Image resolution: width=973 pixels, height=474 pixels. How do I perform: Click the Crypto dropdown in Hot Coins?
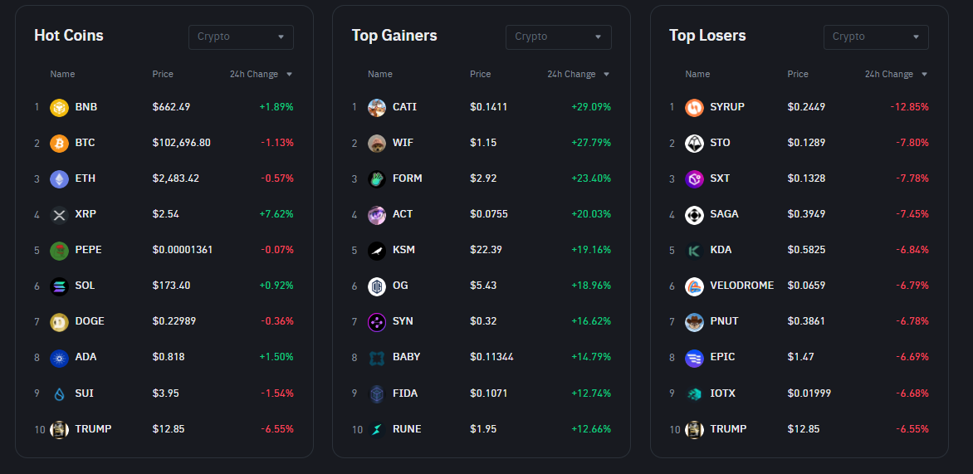[x=241, y=37]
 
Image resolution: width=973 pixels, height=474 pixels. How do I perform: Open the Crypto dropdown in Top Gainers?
[x=558, y=37]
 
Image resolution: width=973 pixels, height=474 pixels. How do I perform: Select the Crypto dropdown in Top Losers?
[x=876, y=37]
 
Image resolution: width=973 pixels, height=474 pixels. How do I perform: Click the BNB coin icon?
[x=59, y=107]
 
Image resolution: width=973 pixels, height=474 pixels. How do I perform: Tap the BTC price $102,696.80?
[x=181, y=143]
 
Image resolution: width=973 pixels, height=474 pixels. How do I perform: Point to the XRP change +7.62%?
[x=276, y=214]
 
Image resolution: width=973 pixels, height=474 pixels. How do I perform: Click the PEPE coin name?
[x=88, y=250]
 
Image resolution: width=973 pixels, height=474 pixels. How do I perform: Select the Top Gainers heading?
[x=394, y=36]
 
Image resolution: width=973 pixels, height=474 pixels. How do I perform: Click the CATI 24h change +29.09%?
[x=590, y=107]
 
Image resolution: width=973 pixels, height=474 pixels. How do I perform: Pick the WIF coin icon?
[x=377, y=143]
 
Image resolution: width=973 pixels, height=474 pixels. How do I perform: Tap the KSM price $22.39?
[x=486, y=250]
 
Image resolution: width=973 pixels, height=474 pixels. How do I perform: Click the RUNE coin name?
[x=407, y=429]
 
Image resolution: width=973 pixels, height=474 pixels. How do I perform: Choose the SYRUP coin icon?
[x=694, y=107]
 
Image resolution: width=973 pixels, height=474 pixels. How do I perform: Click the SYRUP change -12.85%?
[x=909, y=107]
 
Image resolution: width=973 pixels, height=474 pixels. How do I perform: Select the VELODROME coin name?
[x=741, y=286]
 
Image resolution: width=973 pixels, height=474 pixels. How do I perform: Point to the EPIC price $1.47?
[x=800, y=357]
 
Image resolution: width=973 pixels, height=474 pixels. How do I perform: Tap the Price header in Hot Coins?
[x=163, y=75]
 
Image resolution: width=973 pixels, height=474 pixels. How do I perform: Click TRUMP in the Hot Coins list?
[x=93, y=429]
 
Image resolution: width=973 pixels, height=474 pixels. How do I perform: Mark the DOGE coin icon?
[x=59, y=321]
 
